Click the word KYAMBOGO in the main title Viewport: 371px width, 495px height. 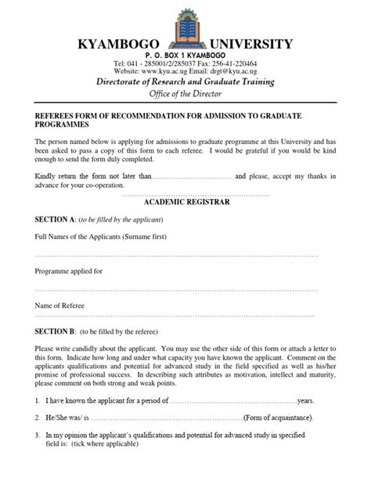click(x=116, y=44)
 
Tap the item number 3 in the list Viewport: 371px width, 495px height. click(x=38, y=435)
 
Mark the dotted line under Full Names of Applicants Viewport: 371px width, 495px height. click(x=176, y=255)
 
